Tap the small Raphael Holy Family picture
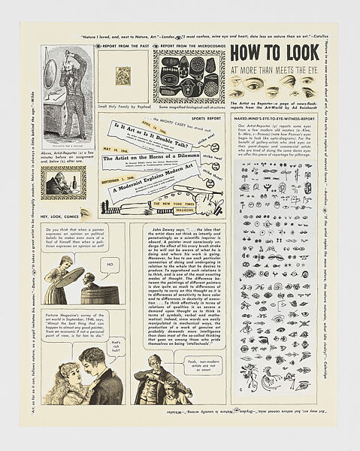click(122, 76)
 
